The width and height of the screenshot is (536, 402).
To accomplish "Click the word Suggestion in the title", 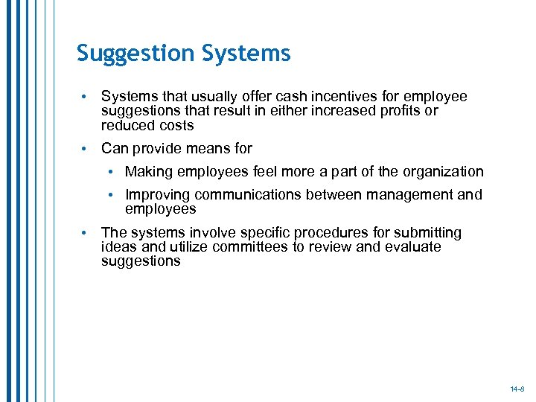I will (135, 54).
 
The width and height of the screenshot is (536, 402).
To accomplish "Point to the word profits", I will (402, 111).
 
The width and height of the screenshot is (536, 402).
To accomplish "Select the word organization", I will (443, 172).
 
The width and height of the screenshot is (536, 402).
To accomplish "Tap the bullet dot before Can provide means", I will (86, 149).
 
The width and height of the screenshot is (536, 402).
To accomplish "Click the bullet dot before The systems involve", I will (86, 234).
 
